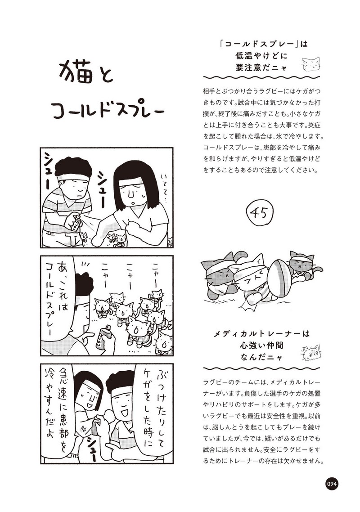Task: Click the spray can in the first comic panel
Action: tap(74, 223)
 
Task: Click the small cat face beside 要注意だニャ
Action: tap(310, 64)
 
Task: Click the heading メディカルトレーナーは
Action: tap(261, 334)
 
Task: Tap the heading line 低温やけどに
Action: tap(261, 55)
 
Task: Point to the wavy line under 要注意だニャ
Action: tap(262, 77)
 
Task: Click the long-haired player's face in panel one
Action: tap(134, 196)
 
